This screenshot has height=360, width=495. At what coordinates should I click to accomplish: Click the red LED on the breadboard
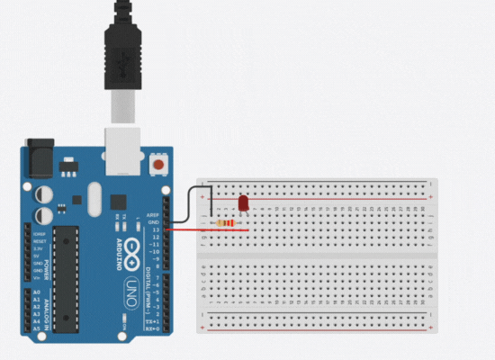(243, 203)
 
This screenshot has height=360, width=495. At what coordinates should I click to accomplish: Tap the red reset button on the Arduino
(160, 166)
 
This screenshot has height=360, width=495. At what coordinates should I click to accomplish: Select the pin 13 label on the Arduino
(155, 230)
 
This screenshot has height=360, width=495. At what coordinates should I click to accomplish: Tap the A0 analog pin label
(36, 293)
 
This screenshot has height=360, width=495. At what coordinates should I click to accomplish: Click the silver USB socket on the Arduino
(123, 149)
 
